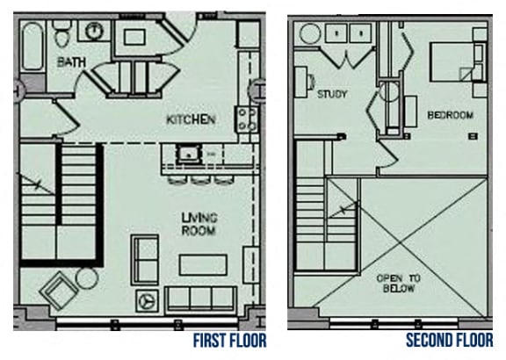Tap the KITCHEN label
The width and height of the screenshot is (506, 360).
(191, 119)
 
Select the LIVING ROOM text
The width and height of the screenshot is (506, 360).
(199, 224)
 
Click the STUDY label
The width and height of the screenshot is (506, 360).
(333, 94)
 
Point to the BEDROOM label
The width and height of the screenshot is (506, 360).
(450, 115)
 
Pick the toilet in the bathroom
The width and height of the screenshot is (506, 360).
(61, 33)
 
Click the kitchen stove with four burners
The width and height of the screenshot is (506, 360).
(246, 119)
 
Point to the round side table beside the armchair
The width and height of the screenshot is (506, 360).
(86, 278)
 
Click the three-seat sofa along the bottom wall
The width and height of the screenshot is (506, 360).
(200, 300)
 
